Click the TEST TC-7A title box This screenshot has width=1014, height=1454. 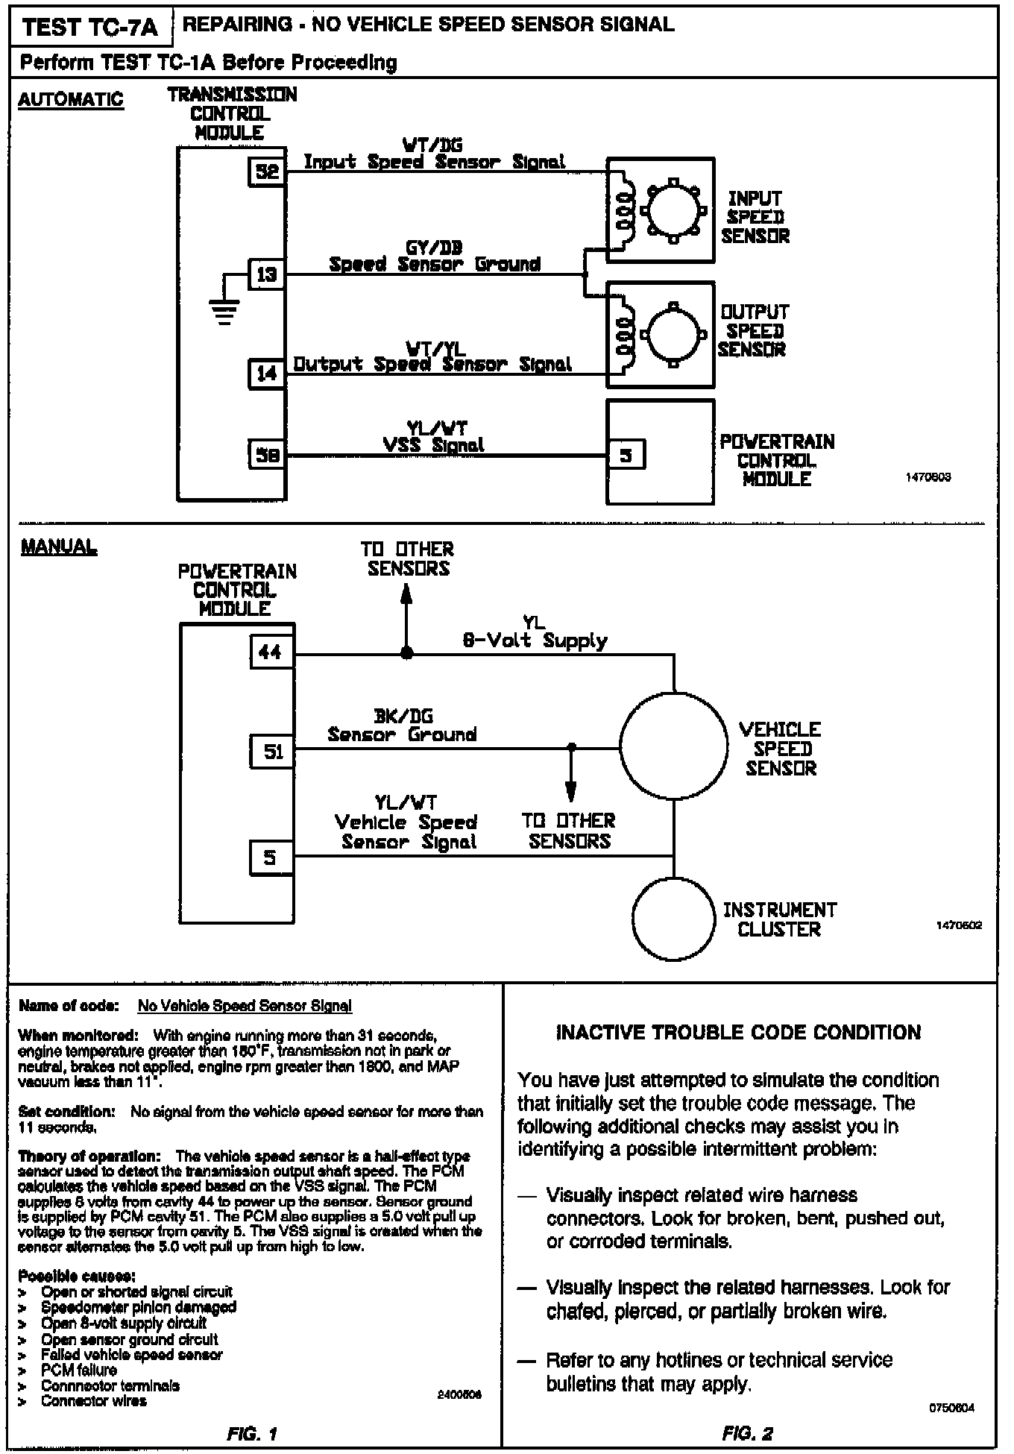(x=90, y=28)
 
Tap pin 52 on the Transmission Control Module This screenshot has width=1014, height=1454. (x=267, y=172)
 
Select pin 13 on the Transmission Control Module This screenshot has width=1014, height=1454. (x=267, y=275)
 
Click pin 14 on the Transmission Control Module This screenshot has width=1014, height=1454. (x=267, y=374)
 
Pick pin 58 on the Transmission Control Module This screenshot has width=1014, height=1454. (x=267, y=454)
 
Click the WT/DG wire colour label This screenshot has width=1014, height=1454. (x=432, y=145)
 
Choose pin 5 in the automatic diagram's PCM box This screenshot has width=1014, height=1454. (x=626, y=454)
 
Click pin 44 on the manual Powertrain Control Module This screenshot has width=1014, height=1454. (x=270, y=652)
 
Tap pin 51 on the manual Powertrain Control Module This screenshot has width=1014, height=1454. (x=273, y=752)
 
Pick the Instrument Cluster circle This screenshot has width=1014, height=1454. (x=674, y=919)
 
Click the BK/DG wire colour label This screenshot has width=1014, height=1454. (x=403, y=717)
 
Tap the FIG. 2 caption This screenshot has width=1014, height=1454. (x=747, y=1432)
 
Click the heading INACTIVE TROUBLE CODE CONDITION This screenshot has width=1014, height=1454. (x=739, y=1032)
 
